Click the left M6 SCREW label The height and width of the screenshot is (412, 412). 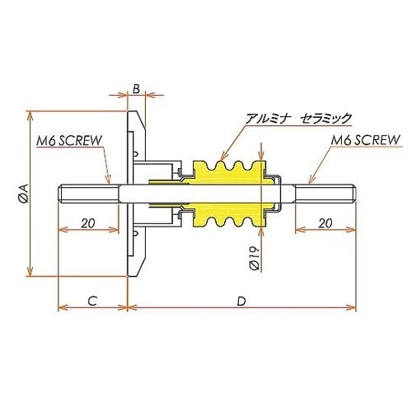[x=69, y=140]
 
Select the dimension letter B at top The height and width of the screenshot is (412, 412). [x=136, y=87]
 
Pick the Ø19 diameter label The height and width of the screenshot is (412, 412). [x=255, y=260]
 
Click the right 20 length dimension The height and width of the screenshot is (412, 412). [x=325, y=223]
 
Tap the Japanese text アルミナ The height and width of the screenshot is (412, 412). [x=268, y=118]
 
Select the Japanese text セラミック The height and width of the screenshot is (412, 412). [x=326, y=118]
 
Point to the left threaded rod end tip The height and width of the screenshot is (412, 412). [x=63, y=194]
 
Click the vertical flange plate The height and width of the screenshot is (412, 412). [x=132, y=194]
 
